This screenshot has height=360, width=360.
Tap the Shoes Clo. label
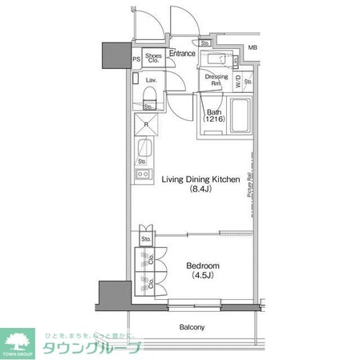pyautogui.click(x=155, y=59)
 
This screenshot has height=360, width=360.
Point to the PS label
pyautogui.click(x=136, y=59)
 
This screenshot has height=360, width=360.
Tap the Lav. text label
pyautogui.click(x=151, y=80)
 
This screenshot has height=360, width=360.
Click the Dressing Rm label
pyautogui.click(x=215, y=80)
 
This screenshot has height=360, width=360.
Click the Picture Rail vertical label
pyautogui.click(x=250, y=192)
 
